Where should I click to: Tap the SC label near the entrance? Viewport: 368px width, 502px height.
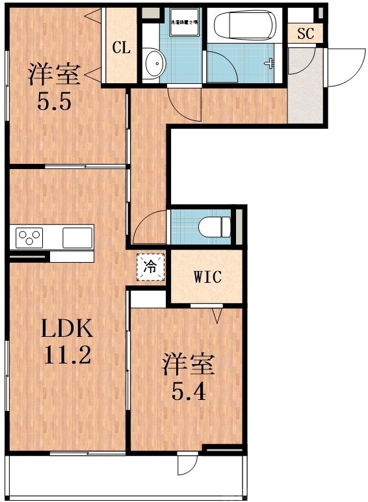306,34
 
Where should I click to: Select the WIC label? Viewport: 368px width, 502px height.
207,277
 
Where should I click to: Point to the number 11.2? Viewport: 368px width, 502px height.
67,355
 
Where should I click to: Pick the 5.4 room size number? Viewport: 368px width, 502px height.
188,391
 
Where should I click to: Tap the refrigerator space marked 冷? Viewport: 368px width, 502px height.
150,267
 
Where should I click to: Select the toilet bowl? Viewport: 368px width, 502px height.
215,227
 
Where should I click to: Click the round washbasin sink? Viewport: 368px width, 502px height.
156,64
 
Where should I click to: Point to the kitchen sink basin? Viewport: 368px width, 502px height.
77,237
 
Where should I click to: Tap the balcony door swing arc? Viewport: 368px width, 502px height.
186,464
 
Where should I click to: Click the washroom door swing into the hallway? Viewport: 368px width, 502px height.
183,101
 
